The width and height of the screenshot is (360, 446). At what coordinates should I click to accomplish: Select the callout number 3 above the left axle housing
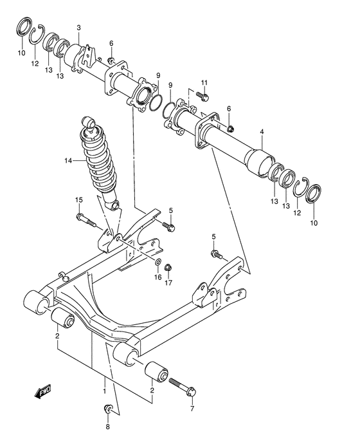coord(78,28)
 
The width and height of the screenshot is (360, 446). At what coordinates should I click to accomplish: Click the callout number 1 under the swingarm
coord(104,390)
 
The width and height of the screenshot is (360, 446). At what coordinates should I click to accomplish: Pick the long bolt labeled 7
coord(184,386)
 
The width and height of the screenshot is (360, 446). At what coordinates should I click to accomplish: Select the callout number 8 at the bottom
coord(107,425)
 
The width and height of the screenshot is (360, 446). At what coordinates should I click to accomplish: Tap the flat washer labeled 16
coord(158,262)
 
